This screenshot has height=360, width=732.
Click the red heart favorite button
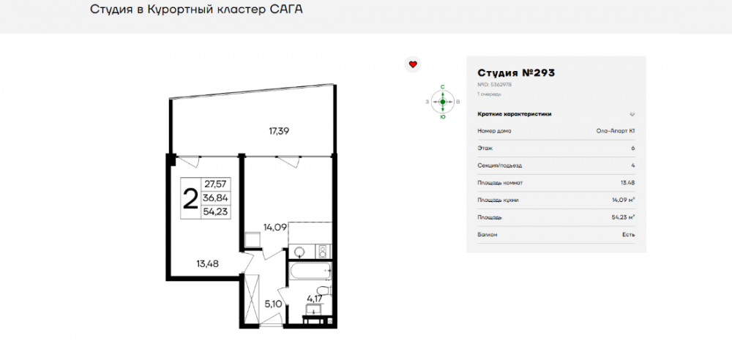[x=413, y=64]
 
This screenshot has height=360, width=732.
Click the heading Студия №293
[x=516, y=73]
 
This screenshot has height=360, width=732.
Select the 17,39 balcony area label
[x=278, y=132]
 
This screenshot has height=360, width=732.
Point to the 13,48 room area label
[x=208, y=263]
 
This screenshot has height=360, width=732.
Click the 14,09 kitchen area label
[x=275, y=227]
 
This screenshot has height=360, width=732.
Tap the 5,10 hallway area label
[x=273, y=303]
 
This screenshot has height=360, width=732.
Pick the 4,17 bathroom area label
[x=315, y=298]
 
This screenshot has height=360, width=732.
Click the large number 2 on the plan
[x=190, y=198]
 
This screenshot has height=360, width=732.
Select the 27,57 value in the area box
[x=215, y=184]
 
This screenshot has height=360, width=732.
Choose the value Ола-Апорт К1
[x=616, y=131]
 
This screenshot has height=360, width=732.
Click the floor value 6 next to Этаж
[x=632, y=148]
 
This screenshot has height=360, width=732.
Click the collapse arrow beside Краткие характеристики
[x=632, y=114]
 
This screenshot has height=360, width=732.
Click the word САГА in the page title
[x=285, y=10]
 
